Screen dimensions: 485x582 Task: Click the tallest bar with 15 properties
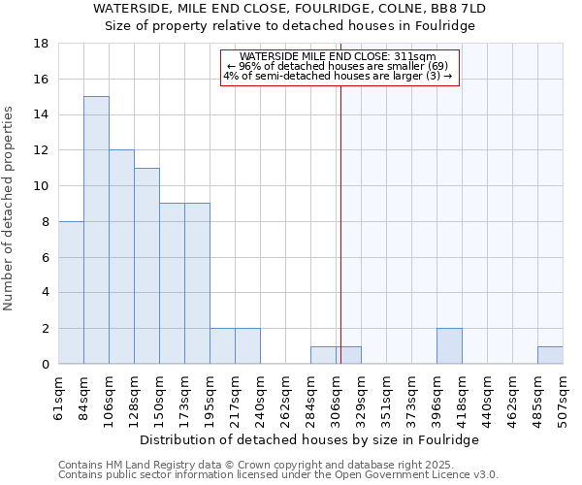tap(96, 230)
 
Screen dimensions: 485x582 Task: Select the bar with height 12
tap(121, 257)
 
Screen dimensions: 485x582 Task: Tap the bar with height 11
tap(146, 266)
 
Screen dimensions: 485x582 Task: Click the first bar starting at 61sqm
tap(71, 292)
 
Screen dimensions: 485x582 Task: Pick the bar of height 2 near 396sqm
tap(449, 346)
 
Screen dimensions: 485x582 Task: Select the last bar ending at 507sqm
tap(550, 355)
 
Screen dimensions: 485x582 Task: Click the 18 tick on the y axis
tap(43, 44)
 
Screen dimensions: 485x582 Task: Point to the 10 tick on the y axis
tap(43, 186)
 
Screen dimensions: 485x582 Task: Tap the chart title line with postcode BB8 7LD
tap(289, 9)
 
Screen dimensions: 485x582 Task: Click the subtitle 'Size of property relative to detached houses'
tap(289, 26)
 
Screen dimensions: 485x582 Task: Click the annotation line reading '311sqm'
tap(338, 56)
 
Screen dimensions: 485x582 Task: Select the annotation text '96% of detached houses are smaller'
tap(338, 66)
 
